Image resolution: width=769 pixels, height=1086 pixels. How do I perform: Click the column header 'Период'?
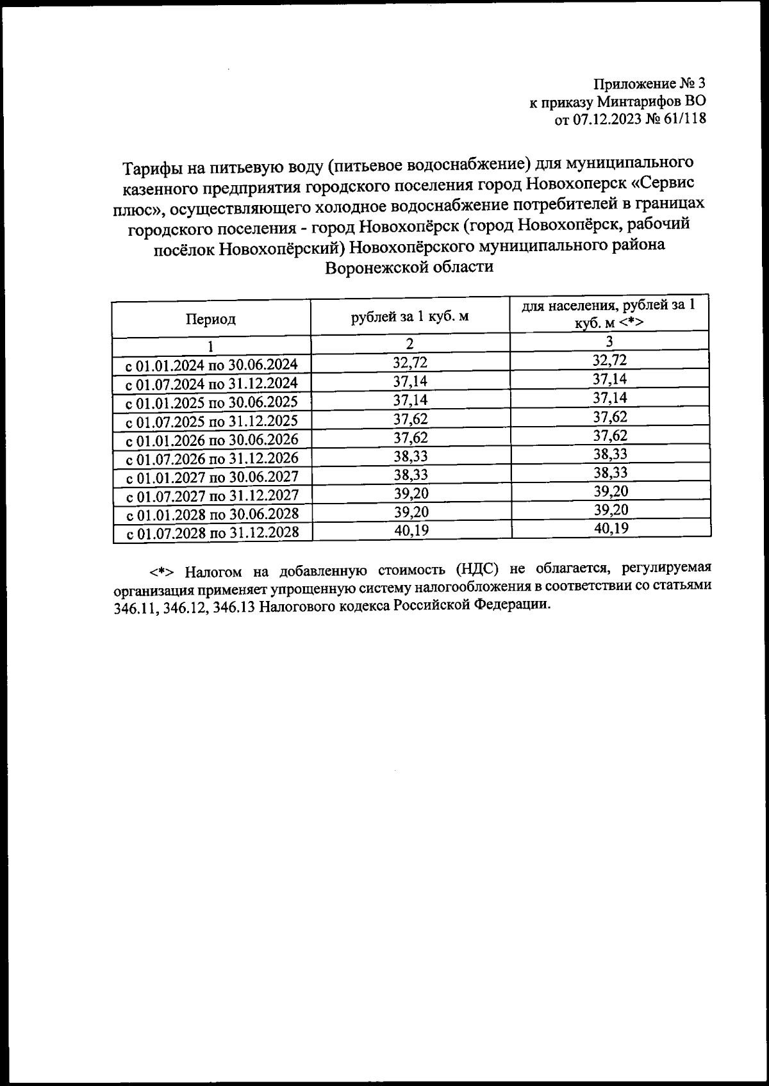point(211,318)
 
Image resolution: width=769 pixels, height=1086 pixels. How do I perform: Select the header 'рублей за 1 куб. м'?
point(410,316)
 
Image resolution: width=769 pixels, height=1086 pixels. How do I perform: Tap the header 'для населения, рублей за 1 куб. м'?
point(609,313)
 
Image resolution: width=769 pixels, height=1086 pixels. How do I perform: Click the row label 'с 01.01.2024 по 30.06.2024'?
point(211,365)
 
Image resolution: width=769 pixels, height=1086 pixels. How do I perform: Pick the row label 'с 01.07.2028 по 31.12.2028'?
point(212,532)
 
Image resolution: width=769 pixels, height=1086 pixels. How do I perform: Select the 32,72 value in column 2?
point(410,363)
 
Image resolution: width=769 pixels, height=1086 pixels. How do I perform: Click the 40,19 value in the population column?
point(610,528)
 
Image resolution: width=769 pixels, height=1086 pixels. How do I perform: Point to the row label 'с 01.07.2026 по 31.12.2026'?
point(211,458)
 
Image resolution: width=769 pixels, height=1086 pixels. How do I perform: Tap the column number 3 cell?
point(609,341)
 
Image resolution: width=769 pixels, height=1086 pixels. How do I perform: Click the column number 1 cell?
point(211,346)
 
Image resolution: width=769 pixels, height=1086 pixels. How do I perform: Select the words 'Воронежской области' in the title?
point(409,267)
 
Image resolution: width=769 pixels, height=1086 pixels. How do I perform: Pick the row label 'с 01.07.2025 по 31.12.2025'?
point(211,421)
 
